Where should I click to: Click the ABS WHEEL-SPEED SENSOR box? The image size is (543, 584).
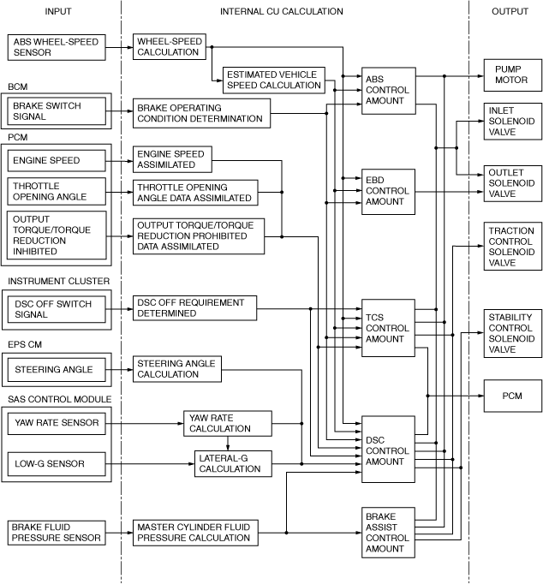pos(57,47)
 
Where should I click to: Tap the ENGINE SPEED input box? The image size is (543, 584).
pos(57,160)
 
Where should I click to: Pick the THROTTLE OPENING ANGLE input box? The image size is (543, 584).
pos(57,192)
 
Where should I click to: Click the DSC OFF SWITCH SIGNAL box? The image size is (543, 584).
pos(57,308)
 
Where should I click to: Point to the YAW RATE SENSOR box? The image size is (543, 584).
pos(57,422)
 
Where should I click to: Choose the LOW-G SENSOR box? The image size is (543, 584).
pos(57,465)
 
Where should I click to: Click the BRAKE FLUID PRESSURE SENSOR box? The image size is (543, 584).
pos(57,533)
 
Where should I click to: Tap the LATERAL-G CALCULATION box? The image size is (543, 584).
pos(229,465)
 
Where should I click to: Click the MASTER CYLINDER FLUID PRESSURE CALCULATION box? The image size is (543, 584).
pos(195,533)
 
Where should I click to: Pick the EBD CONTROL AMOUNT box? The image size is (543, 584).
pos(388,189)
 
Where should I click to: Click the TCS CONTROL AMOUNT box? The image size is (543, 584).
pos(388,326)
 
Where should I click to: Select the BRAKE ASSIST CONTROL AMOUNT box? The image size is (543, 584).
pos(388,533)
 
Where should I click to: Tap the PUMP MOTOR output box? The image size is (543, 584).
pos(512,74)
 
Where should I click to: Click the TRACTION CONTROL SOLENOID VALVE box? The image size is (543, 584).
pos(512,247)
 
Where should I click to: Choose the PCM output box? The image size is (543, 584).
pos(512,396)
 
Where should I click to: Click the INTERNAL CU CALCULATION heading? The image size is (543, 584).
pos(282,12)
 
